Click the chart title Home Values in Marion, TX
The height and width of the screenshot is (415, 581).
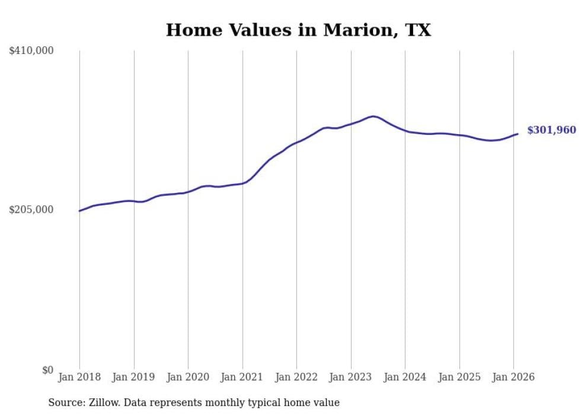298,30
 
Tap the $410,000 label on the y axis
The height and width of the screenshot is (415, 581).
31,51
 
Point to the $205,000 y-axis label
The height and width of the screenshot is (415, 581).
31,210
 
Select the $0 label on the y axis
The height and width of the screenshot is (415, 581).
47,370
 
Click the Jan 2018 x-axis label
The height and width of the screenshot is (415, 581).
79,377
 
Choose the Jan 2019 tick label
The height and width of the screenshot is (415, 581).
134,377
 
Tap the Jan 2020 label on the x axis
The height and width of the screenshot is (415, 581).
188,377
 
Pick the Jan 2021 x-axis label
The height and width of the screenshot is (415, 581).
242,377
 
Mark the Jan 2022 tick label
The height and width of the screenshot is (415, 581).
296,377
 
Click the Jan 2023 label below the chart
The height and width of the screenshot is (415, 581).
351,377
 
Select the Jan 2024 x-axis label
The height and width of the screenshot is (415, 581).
405,377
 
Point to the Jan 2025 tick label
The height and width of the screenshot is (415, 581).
459,377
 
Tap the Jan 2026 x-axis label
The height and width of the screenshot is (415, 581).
513,377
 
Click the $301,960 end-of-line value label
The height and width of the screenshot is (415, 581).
551,130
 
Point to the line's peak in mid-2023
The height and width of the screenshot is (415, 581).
372,116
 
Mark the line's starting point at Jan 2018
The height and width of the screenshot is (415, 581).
79,211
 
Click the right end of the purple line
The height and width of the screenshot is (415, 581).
518,134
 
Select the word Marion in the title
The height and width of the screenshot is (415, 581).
355,30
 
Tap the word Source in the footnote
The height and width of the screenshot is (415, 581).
65,403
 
